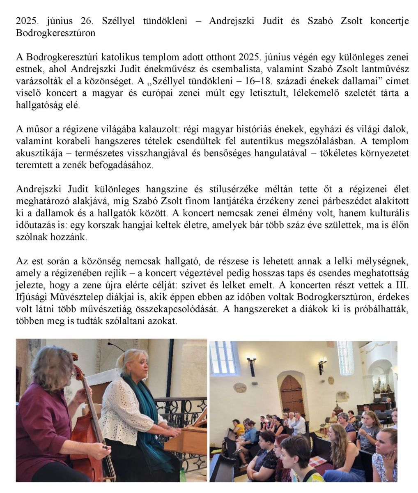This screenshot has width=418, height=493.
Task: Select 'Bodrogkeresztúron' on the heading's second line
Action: (55, 33)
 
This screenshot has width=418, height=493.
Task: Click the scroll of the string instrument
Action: (74, 357)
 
